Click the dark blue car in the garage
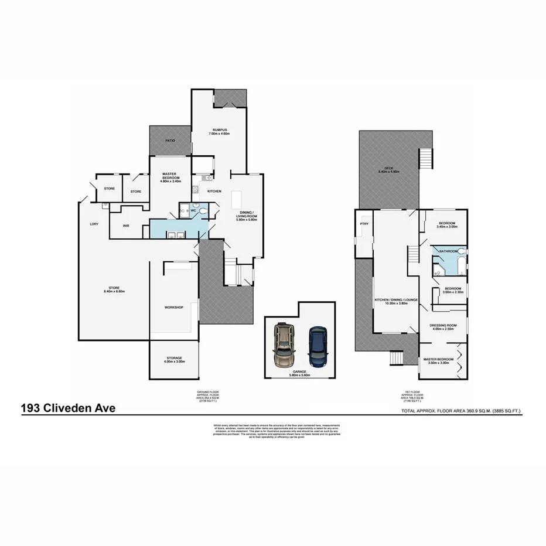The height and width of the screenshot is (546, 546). [318, 344]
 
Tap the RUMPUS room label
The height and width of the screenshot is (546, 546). [220, 129]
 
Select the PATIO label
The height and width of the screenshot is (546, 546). [170, 141]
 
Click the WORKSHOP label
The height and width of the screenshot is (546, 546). [173, 307]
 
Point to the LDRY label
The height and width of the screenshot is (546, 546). [94, 224]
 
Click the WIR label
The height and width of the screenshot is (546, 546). [126, 226]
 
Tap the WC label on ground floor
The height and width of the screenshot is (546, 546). [193, 210]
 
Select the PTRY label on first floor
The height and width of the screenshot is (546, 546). [363, 224]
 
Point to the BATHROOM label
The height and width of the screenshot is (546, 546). [448, 251]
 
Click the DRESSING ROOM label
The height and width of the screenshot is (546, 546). [443, 325]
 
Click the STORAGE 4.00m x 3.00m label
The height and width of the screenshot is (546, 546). [174, 359]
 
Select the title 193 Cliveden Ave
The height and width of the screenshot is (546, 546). [69, 407]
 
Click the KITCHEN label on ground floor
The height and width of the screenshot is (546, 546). [214, 192]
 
